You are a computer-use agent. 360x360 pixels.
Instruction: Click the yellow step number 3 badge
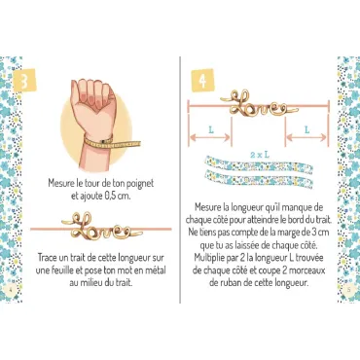click(x=24, y=81)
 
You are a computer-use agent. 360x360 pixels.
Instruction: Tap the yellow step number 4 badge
click(x=202, y=81)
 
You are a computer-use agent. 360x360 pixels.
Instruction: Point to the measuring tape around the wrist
click(x=111, y=142)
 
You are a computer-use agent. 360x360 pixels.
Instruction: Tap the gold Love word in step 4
click(x=259, y=104)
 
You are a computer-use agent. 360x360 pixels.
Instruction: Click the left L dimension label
click(x=211, y=130)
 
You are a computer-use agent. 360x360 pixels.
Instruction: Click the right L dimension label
click(x=306, y=130)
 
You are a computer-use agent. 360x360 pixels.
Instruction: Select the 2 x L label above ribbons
click(x=260, y=155)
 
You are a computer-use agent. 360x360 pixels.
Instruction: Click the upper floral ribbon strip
click(x=259, y=165)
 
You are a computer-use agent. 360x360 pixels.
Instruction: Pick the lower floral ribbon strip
click(x=259, y=177)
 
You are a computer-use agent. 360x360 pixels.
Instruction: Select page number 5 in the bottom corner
click(x=348, y=290)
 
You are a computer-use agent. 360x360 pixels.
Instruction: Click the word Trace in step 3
click(x=48, y=258)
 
